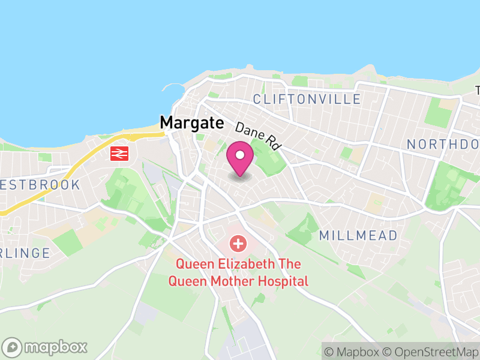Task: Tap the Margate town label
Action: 191,123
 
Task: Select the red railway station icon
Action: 119,154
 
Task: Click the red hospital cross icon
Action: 238,244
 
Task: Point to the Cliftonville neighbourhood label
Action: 307,99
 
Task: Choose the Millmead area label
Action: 358,235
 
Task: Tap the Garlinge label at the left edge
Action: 25,253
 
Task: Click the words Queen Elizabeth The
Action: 238,265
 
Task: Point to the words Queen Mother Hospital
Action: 238,281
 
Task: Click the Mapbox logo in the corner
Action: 46,347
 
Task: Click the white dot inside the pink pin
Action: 240,155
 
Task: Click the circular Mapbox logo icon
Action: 12,347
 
